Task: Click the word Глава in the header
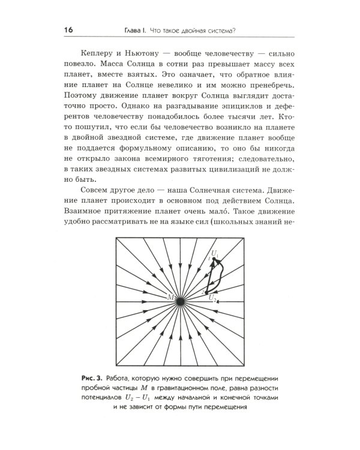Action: click(127, 31)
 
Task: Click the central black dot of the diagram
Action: click(180, 298)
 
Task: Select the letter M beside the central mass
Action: click(170, 296)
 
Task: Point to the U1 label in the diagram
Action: click(215, 255)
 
